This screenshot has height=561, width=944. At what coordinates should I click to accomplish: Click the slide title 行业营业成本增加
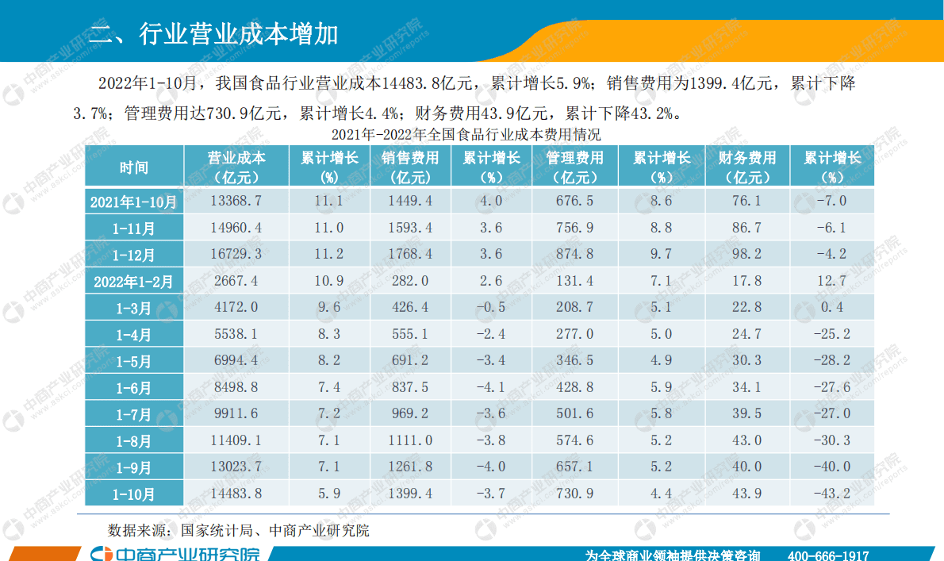[x=214, y=34]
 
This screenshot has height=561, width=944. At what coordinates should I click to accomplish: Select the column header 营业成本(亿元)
[x=236, y=167]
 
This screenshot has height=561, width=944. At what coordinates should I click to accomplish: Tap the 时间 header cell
[x=134, y=167]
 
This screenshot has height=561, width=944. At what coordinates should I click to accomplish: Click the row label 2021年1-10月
[x=134, y=202]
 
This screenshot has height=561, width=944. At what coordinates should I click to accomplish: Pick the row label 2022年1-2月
[x=134, y=281]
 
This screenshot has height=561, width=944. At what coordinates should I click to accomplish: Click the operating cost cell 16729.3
[x=236, y=254]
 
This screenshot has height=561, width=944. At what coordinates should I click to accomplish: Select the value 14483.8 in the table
[x=236, y=494]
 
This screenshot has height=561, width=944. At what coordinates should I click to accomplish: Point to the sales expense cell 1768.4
[x=410, y=254]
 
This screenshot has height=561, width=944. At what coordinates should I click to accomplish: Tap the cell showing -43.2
[x=831, y=494]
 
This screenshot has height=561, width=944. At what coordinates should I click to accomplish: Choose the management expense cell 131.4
[x=575, y=281]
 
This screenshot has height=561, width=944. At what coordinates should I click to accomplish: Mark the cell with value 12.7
[x=831, y=281]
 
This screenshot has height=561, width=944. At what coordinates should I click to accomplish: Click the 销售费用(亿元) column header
[x=410, y=167]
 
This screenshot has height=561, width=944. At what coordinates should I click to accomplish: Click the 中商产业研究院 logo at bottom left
[x=175, y=554]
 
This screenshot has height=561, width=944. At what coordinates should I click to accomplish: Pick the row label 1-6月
[x=134, y=387]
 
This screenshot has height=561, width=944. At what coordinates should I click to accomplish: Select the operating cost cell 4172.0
[x=236, y=307]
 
